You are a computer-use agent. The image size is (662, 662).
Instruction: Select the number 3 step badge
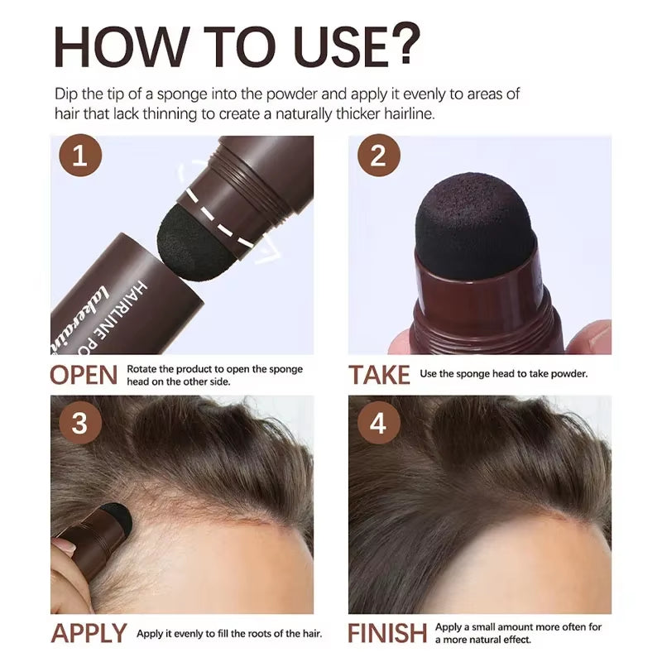79,424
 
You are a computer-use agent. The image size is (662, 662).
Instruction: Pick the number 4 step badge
378,424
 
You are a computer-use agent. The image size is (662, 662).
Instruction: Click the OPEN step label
84,374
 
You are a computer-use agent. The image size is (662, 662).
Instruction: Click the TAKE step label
379,374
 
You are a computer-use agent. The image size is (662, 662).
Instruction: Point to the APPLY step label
89,634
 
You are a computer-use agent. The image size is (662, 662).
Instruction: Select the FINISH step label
387,634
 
